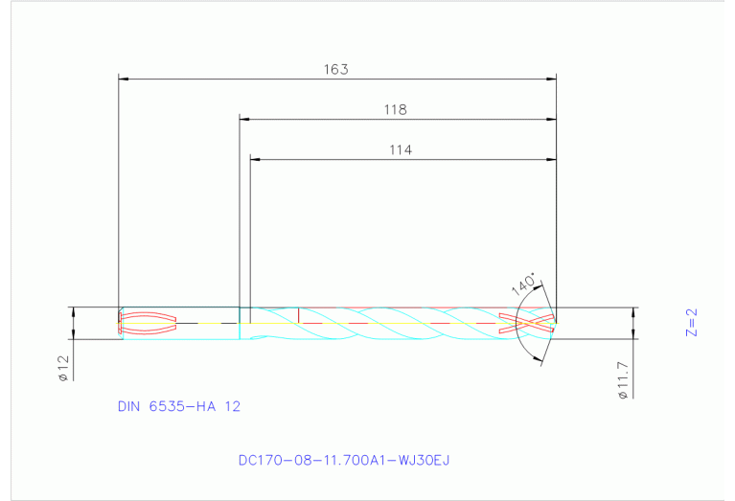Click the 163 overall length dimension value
coord(335,69)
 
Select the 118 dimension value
coord(395,110)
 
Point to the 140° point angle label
coord(523,284)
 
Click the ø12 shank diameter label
coord(61,368)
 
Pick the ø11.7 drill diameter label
coord(622,377)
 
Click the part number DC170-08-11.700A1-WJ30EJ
coord(344,461)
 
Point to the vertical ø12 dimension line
coord(74,324)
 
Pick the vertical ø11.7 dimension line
coord(633,324)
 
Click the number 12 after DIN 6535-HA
coord(232,406)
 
